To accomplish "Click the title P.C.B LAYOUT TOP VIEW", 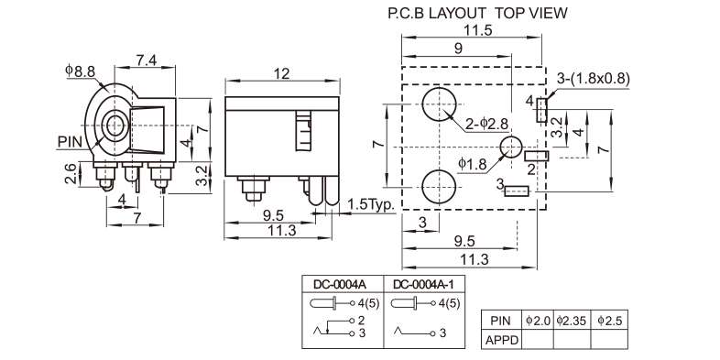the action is point(477,13).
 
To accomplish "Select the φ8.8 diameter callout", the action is point(81,71).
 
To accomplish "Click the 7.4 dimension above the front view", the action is point(147,60).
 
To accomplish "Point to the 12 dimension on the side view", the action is point(282,73).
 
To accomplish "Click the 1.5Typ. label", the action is point(372,204).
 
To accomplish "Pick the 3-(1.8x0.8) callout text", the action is point(594,79).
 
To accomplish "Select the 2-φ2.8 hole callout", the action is point(487,124).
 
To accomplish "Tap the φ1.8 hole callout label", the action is point(473,164).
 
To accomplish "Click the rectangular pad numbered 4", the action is point(542,110).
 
